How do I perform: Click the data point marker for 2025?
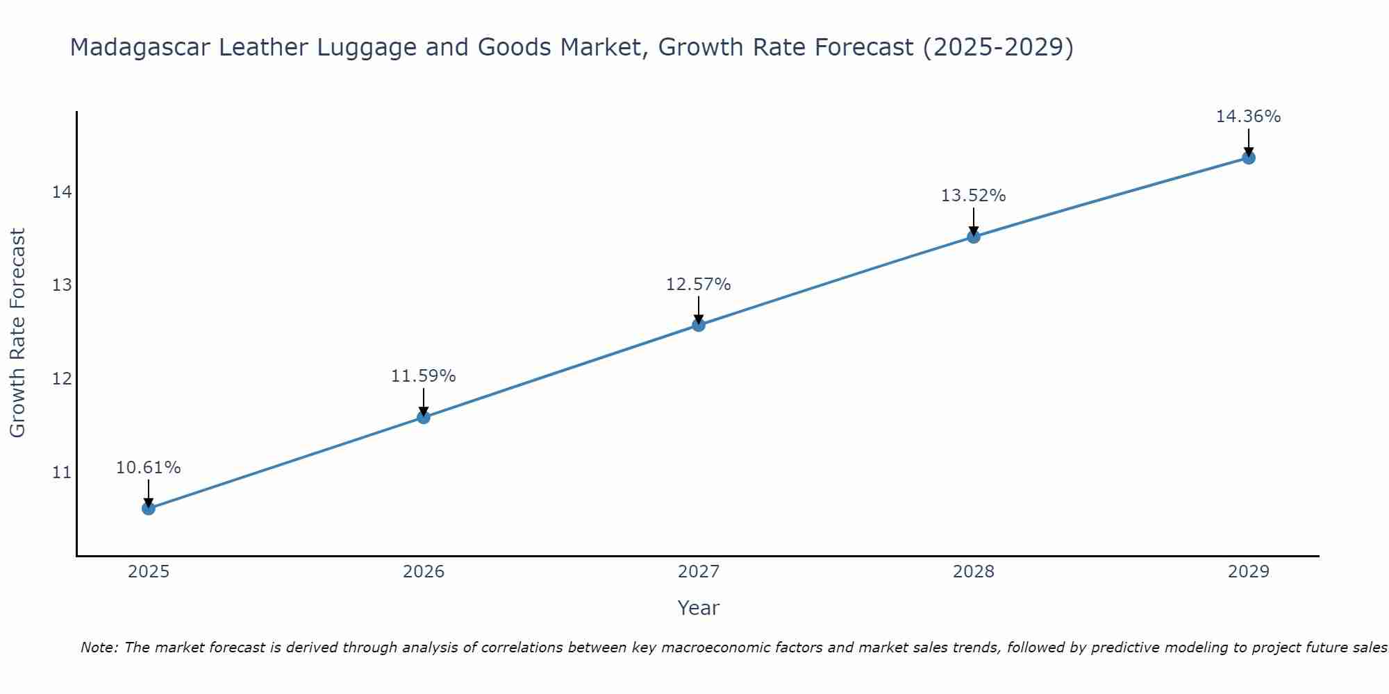click(x=149, y=509)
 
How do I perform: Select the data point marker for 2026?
click(x=424, y=417)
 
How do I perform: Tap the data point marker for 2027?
click(x=699, y=325)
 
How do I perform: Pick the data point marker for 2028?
click(x=974, y=237)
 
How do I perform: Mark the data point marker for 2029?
click(x=1249, y=158)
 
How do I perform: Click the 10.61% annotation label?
click(x=148, y=468)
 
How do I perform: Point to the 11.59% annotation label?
click(x=423, y=376)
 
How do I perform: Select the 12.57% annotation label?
click(x=698, y=285)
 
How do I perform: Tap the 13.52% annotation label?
click(x=973, y=196)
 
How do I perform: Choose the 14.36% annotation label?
click(x=1248, y=117)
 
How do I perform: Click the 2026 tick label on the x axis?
click(x=424, y=572)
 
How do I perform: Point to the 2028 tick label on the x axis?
click(x=974, y=572)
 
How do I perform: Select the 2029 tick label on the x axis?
click(x=1249, y=572)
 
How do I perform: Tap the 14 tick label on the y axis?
click(x=62, y=192)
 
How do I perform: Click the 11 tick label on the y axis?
click(x=62, y=473)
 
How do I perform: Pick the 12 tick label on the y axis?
click(x=62, y=380)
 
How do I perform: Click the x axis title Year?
click(x=698, y=608)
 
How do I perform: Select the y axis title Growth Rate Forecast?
click(x=18, y=333)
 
